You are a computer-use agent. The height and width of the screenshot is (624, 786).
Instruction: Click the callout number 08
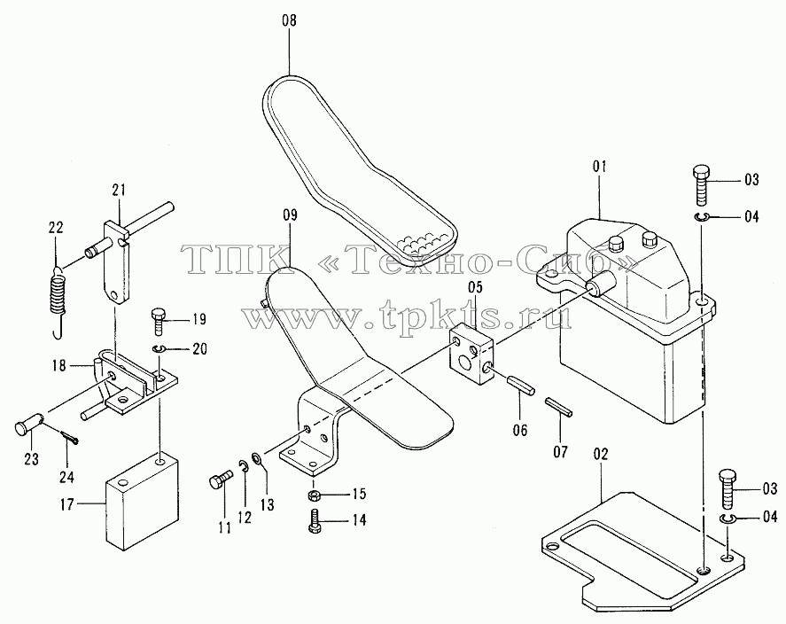[289, 20]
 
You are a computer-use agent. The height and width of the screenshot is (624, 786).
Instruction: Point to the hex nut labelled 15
[314, 495]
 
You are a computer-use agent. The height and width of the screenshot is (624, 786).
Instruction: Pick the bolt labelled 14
[315, 522]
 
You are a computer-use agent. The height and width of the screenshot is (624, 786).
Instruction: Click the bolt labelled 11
[220, 478]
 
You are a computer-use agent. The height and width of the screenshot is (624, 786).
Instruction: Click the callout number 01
[600, 167]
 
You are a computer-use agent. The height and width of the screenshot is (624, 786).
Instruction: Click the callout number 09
[291, 215]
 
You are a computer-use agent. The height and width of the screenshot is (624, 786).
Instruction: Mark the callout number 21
[119, 191]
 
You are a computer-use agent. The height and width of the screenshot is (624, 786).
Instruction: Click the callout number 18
[59, 365]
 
